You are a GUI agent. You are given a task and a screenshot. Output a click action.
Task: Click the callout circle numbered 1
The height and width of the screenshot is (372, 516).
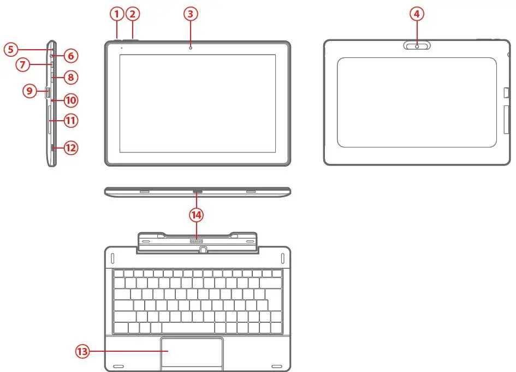click(116, 14)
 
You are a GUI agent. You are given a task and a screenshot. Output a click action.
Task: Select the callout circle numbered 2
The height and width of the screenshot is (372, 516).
click(133, 14)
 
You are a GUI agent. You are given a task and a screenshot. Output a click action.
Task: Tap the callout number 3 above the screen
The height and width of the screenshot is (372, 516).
click(189, 14)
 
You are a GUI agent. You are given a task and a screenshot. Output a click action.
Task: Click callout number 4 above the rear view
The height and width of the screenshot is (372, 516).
click(417, 14)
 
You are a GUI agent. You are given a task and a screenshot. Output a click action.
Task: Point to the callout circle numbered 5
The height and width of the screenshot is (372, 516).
click(11, 49)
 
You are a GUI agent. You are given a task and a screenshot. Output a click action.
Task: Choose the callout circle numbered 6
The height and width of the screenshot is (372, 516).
click(70, 55)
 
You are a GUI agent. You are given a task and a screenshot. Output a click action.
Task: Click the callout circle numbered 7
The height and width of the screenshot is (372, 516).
click(23, 65)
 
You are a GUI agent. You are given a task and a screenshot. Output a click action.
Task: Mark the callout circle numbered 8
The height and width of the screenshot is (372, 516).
click(70, 77)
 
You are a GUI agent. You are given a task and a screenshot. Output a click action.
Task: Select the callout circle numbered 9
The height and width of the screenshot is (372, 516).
click(29, 91)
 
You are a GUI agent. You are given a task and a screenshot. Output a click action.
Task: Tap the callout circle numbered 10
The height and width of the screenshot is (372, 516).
click(70, 100)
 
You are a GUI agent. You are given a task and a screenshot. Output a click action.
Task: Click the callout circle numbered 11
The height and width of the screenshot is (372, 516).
click(70, 120)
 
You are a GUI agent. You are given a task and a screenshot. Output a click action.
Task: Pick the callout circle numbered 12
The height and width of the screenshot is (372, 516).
click(70, 147)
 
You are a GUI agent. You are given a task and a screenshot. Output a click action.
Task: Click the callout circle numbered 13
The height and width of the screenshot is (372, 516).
click(82, 352)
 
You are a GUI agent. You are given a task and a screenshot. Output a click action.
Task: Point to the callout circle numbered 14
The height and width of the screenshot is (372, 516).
click(196, 215)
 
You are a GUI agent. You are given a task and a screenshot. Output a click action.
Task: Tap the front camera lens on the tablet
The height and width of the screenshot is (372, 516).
click(191, 47)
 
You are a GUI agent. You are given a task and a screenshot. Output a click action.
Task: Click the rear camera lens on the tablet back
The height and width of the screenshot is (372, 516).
click(417, 46)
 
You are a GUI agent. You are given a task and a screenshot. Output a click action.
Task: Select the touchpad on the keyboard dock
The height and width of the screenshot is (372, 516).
click(192, 352)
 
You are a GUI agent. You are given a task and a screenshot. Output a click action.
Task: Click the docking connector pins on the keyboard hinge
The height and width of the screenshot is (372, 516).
click(196, 240)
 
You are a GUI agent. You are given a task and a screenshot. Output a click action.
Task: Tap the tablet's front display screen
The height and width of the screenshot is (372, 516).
click(197, 103)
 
